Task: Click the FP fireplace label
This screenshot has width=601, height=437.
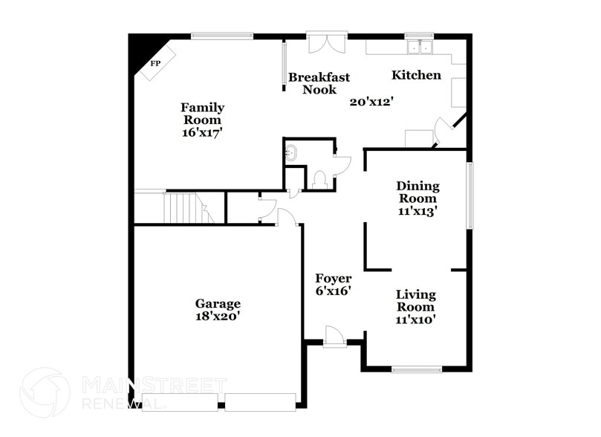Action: click(155, 64)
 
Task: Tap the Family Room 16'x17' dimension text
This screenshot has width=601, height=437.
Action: click(202, 132)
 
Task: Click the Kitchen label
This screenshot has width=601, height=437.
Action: click(416, 75)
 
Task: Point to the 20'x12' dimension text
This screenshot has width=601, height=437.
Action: click(371, 102)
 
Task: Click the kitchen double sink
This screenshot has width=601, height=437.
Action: click(420, 48)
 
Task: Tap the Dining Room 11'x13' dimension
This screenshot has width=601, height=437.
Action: click(418, 210)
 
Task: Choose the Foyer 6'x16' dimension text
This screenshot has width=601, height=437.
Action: click(333, 291)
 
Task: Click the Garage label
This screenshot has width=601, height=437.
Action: click(218, 303)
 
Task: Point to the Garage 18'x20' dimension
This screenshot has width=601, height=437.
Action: click(218, 316)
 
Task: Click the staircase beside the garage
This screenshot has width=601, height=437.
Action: click(186, 207)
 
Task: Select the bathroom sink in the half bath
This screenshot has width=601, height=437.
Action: click(291, 154)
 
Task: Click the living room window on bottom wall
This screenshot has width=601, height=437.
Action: click(417, 369)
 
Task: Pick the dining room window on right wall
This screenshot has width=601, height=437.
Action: click(469, 195)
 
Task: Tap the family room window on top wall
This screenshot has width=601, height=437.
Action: click(222, 35)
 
